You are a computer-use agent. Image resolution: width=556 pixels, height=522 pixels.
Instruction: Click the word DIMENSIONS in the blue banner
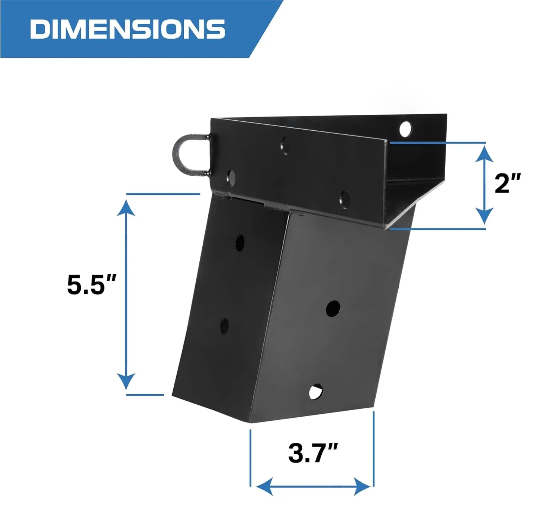coord(127,29)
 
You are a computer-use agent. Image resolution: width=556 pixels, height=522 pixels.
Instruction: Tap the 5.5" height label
coord(91,284)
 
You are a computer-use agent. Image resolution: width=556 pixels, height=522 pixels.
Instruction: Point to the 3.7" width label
coord(312,453)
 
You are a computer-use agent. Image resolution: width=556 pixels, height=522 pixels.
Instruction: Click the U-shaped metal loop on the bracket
coord(190,155)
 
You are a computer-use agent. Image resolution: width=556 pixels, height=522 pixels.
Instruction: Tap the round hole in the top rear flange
coord(405,128)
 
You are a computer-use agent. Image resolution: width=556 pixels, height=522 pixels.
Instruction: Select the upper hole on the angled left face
coord(240,242)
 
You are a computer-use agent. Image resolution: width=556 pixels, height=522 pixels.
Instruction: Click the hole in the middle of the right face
coord(333,309)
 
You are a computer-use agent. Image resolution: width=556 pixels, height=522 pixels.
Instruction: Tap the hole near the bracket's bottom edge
coord(315,391)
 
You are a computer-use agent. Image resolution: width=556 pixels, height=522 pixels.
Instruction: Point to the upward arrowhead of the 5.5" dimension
coord(126,207)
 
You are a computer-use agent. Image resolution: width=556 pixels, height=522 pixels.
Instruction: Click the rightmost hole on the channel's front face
coord(344,199)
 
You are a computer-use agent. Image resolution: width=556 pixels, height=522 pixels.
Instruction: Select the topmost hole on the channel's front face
coord(285,145)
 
